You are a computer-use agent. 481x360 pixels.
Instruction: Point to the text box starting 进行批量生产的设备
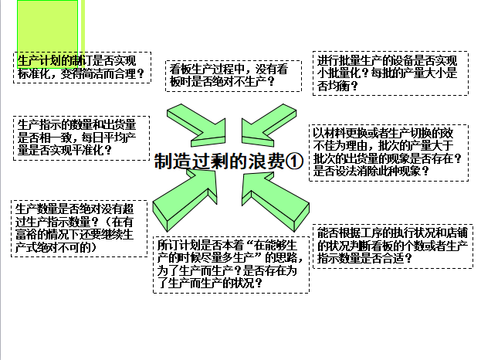[391, 73]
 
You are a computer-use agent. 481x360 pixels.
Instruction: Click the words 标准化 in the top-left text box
[36, 75]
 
